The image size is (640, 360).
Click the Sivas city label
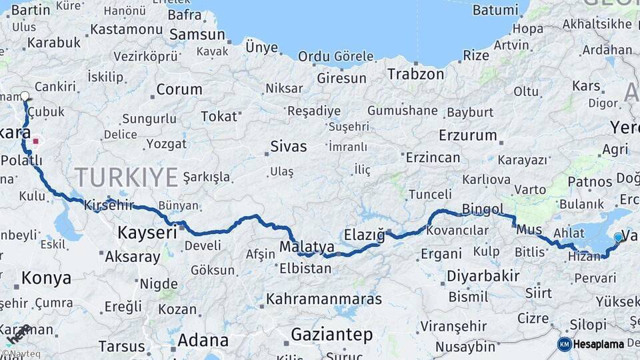click(288, 147)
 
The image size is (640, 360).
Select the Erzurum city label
click(467, 135)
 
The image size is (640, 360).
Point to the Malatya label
click(307, 247)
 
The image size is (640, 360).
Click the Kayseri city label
click(147, 233)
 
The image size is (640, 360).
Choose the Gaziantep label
click(331, 335)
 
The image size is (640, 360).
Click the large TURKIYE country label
click(126, 177)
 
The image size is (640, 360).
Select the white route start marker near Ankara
click(25, 96)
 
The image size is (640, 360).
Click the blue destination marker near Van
click(618, 237)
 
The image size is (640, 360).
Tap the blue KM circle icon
click(564, 344)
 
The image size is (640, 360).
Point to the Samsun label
click(197, 35)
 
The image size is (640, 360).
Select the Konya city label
click(46, 278)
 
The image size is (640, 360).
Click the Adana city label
click(203, 341)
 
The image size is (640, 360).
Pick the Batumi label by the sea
click(495, 10)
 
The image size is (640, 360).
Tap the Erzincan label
click(433, 157)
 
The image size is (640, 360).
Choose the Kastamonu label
click(126, 29)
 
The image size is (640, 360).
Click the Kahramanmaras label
click(324, 299)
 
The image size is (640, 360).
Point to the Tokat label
click(219, 117)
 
